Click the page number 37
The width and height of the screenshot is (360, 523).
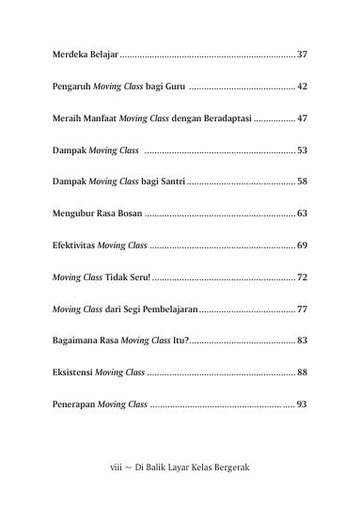click(x=302, y=55)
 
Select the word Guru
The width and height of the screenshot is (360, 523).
click(x=174, y=87)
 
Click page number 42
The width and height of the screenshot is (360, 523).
click(x=302, y=87)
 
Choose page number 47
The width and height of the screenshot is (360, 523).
click(x=302, y=119)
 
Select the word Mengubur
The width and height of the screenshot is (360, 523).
click(x=72, y=214)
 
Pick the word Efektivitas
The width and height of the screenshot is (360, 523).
click(x=73, y=246)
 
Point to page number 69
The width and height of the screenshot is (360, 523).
click(x=302, y=246)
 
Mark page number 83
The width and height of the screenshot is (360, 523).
click(x=302, y=341)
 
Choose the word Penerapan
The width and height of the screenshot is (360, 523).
click(x=72, y=404)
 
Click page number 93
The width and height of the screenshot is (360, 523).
click(x=302, y=404)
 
